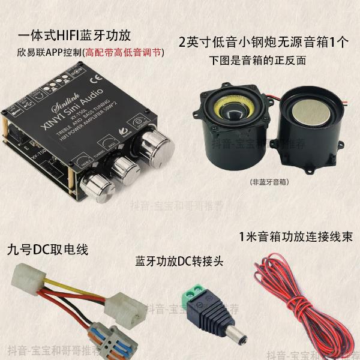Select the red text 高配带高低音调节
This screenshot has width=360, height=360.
click(124, 53)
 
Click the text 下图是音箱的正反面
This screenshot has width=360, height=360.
click(258, 61)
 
